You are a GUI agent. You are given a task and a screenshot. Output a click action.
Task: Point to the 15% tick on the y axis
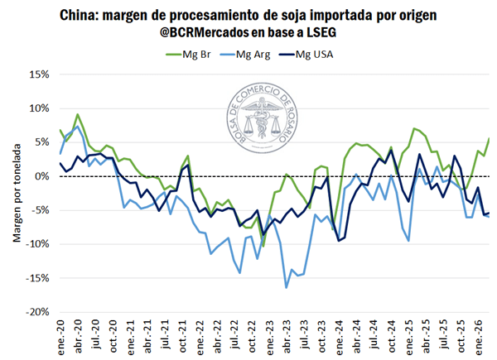coord(39,74)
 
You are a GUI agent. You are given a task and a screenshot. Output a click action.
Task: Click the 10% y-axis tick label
coord(39,108)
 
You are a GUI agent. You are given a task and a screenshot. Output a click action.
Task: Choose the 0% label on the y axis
coord(42,176)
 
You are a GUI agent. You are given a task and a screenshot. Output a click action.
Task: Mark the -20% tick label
coord(37,313)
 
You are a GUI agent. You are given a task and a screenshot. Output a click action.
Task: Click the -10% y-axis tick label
coord(37,245)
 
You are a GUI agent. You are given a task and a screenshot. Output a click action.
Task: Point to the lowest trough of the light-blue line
coord(286,287)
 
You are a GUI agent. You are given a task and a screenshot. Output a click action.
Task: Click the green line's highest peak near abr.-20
coord(77,115)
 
